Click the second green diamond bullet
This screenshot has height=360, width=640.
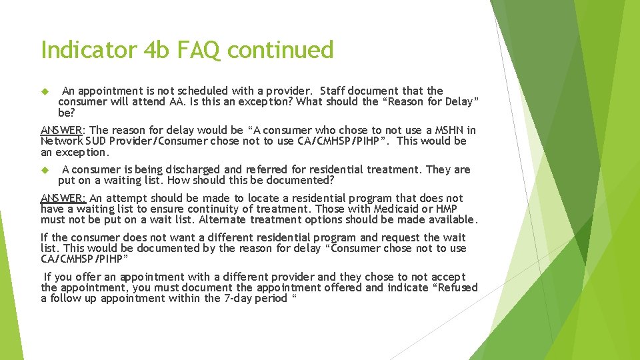pos(45,170)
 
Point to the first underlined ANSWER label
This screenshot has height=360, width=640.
pos(62,131)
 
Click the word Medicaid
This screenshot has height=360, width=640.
pos(391,209)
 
